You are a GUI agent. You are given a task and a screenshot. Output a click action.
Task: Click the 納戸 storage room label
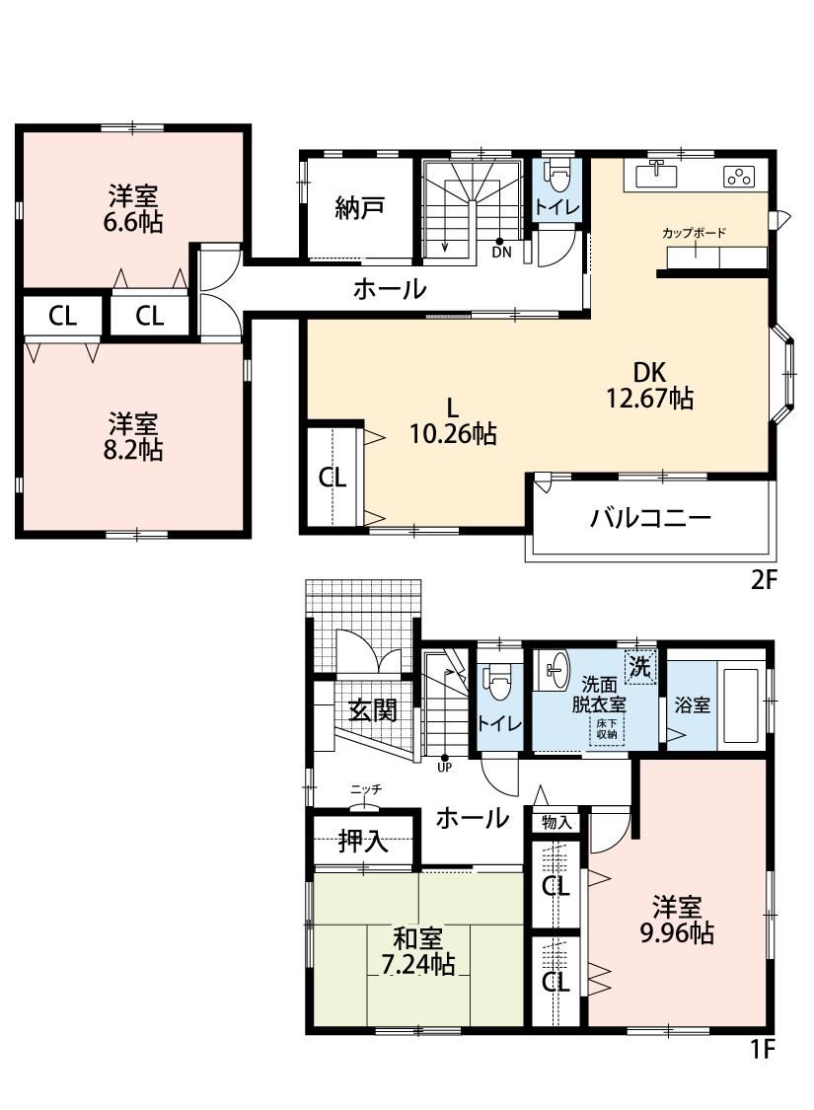point(359,208)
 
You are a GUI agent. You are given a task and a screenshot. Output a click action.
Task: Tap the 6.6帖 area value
point(133,222)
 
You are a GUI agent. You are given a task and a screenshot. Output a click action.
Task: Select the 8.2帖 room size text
point(133,450)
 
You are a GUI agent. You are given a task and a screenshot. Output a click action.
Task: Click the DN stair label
point(501,252)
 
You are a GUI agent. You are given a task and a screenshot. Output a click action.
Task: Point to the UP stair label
point(445,767)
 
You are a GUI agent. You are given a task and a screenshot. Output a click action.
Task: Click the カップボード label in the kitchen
point(695,232)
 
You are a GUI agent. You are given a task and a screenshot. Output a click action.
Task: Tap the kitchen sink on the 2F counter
point(656,174)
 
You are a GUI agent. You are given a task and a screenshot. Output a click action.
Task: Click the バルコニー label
point(650,519)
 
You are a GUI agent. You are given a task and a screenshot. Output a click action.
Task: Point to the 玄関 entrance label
point(373,709)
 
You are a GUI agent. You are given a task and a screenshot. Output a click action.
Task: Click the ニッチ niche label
point(366,788)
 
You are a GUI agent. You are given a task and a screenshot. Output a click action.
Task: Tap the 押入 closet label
point(362,841)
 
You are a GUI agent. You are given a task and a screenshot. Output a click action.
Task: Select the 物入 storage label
point(556,822)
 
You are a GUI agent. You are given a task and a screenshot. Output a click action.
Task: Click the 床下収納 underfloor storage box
point(607,729)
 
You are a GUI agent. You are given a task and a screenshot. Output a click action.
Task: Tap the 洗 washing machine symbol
point(640,667)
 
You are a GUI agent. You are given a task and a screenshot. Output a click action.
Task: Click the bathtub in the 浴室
point(741,704)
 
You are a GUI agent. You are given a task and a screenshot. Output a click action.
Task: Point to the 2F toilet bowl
point(557,177)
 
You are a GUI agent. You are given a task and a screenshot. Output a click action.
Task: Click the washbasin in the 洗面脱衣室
point(556,670)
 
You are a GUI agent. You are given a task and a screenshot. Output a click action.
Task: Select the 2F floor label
point(764,580)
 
